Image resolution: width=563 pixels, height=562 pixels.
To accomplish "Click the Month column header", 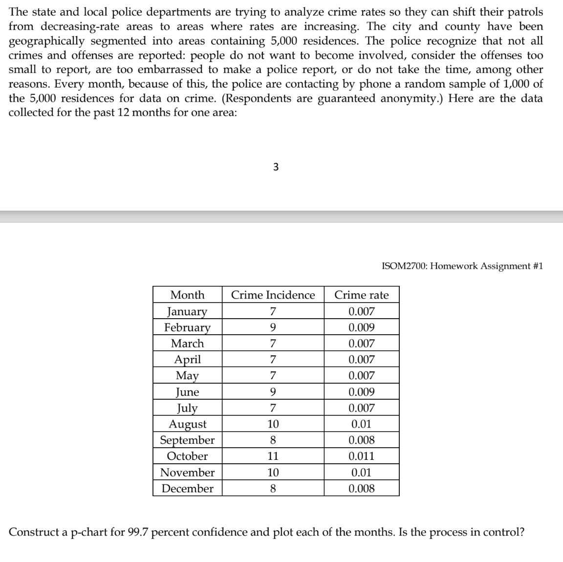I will point(187,295).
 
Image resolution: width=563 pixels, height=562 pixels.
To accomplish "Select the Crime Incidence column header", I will point(273,295).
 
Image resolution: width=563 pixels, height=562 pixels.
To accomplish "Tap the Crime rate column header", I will point(361,295).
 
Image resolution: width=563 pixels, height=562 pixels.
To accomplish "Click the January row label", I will point(187,311).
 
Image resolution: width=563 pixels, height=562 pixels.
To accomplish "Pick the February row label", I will point(187,327).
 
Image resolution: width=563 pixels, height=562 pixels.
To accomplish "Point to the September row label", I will point(187,440).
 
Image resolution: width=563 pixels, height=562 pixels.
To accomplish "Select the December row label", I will point(187,488).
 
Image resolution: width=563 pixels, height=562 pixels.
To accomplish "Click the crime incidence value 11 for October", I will point(273,456).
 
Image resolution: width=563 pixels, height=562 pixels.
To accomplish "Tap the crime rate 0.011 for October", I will point(361,456).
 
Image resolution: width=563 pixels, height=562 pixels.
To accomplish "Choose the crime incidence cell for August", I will point(273,424).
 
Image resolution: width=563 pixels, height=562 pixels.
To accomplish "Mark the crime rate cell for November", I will point(361,472).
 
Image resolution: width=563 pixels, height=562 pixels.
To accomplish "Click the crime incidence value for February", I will point(273,327).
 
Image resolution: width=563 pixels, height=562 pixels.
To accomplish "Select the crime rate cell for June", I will point(361,392).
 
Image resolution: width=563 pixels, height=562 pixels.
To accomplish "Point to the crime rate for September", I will point(361,440).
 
